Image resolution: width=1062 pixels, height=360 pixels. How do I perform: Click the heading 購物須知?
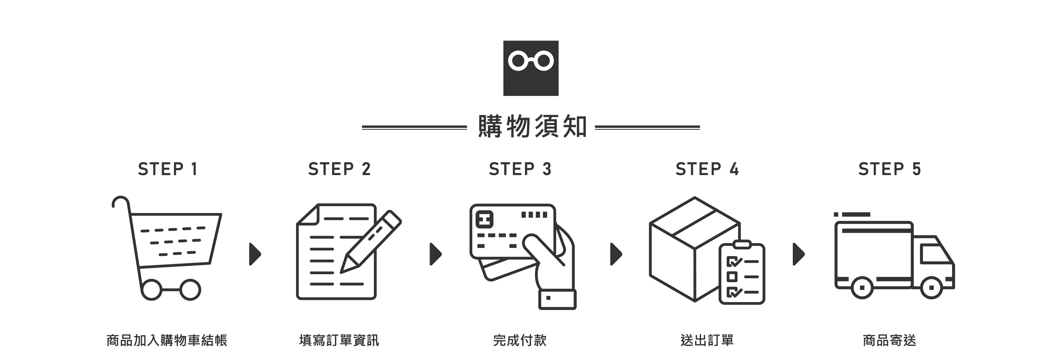532,127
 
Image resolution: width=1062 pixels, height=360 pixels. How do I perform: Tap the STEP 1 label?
168,169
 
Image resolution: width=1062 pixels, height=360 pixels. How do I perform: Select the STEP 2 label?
339,169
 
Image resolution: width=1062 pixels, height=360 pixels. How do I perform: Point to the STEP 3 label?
520,169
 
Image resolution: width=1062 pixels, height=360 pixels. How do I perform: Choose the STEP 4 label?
707,169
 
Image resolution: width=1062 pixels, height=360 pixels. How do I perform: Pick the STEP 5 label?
889,169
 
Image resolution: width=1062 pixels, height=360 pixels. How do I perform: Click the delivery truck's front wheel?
932,287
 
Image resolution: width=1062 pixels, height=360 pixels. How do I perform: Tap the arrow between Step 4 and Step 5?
798,254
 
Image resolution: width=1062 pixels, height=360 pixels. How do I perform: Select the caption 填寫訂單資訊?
339,340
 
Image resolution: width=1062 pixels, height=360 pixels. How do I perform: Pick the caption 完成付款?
520,340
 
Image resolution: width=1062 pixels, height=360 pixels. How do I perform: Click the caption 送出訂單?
707,340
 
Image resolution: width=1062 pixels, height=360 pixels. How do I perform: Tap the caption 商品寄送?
889,340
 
